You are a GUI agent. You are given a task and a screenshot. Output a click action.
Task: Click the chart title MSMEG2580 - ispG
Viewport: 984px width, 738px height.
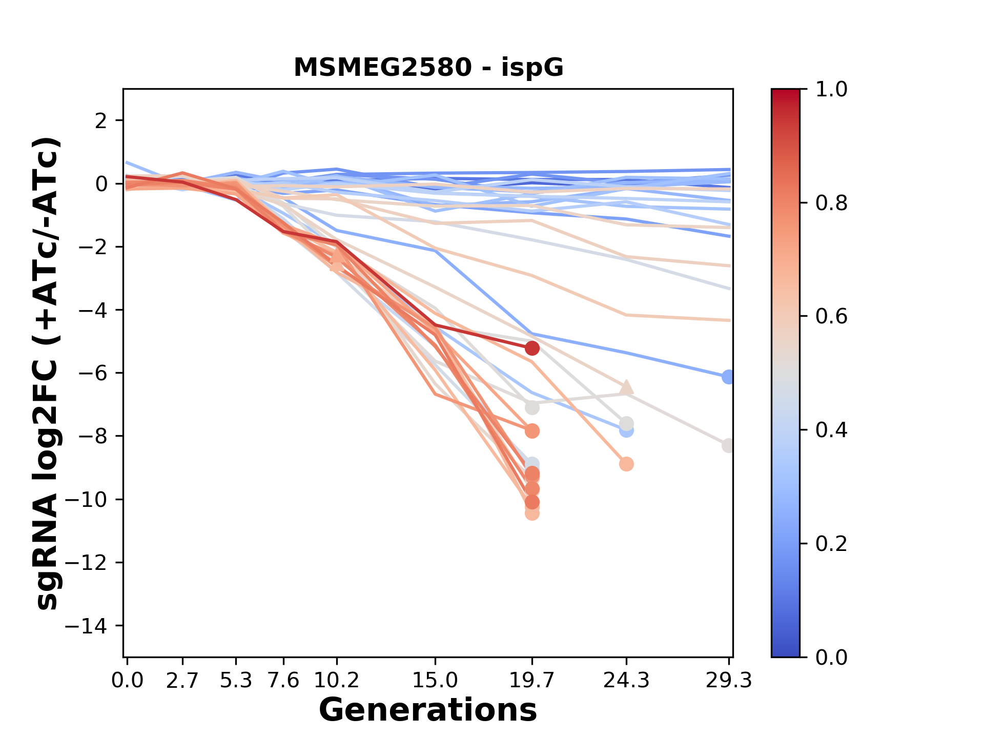tap(428, 68)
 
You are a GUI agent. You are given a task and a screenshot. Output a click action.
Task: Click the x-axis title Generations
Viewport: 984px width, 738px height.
tap(428, 710)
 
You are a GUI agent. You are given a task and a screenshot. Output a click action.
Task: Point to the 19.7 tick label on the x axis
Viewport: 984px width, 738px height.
tap(532, 681)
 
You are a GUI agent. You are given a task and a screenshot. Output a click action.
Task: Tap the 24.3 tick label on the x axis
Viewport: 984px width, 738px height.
tap(626, 681)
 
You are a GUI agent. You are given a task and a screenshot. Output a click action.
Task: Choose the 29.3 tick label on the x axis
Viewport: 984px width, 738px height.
tap(728, 681)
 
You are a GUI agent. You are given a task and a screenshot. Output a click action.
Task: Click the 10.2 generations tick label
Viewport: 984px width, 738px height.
tap(336, 681)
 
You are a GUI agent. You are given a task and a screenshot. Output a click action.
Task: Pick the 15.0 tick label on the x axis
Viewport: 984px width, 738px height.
tap(435, 681)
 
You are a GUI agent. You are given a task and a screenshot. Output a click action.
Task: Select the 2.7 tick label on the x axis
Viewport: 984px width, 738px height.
tap(182, 681)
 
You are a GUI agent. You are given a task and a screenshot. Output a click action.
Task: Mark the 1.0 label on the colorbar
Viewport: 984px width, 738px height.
tap(831, 90)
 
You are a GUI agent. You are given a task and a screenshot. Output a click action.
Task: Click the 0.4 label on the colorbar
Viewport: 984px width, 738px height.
tap(831, 430)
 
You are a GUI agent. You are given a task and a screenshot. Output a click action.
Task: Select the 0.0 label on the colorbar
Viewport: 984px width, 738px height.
tap(831, 657)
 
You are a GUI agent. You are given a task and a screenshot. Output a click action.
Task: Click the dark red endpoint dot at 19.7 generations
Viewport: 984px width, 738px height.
tap(532, 348)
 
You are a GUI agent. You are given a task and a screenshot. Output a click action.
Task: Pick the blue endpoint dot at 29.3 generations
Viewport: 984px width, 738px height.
tap(728, 377)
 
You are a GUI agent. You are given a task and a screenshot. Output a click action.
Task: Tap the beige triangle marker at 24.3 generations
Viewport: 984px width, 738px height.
tap(626, 387)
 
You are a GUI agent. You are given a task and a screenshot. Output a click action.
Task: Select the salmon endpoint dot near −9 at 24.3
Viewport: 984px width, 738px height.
tap(626, 464)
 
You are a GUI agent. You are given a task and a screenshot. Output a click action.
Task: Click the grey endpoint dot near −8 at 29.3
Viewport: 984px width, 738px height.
tap(728, 446)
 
